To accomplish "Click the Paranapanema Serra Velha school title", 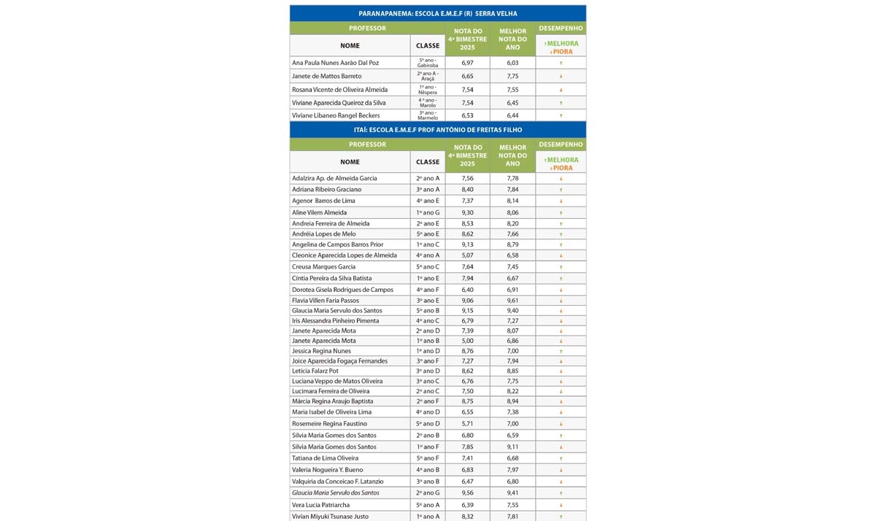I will coord(437,14).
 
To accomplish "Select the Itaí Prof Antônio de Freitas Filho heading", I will coord(437,130).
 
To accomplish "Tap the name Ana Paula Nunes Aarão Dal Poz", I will coord(336,63).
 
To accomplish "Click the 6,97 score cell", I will coord(467,63).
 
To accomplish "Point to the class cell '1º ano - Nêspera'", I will coord(427,90).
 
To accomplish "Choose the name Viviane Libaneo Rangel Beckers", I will coord(336,116).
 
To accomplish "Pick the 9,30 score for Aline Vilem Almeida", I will coord(467,212).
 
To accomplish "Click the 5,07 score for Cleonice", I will coord(467,255).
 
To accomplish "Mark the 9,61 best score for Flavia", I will coord(512,300).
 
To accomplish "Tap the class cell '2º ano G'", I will coord(428,493).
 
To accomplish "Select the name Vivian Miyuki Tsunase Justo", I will coord(331,517).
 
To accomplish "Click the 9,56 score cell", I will coord(467,493).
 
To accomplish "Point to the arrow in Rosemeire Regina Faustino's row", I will coord(561,424).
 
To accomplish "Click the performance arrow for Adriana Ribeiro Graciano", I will coord(561,190).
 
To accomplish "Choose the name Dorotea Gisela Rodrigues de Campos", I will coord(342,290).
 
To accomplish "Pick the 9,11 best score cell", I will coord(512,447).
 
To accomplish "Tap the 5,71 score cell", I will coord(467,424).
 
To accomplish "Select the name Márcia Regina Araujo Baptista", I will coord(332,401).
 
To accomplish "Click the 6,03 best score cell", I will coord(512,63).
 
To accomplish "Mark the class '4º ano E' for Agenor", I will coord(428,201).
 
